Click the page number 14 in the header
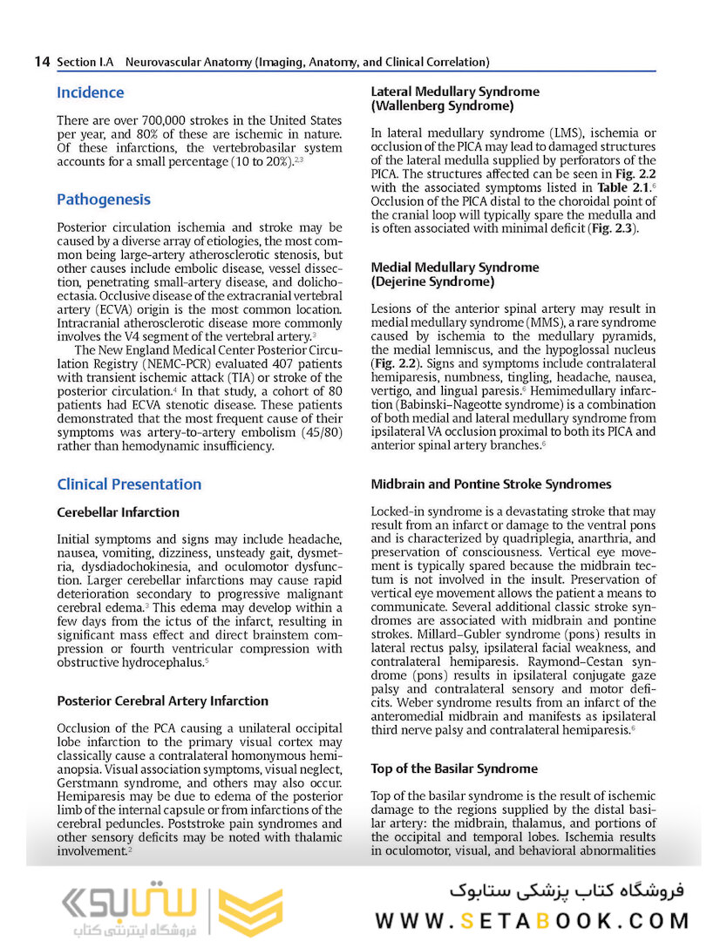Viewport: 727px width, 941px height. (42, 62)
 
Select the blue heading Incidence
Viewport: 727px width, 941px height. (91, 92)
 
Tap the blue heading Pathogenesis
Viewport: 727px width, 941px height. (104, 200)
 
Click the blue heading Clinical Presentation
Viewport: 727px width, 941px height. (129, 484)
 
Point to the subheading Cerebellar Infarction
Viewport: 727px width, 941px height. (118, 512)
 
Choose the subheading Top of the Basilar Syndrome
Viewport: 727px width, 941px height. (454, 768)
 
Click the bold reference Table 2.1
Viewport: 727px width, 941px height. (622, 187)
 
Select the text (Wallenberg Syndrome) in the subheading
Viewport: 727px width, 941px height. (442, 106)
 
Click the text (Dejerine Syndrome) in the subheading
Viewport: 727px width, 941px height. (432, 282)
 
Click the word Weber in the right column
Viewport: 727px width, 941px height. (391, 702)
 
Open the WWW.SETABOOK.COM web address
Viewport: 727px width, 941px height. (532, 920)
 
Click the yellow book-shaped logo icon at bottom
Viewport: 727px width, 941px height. (249, 912)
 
